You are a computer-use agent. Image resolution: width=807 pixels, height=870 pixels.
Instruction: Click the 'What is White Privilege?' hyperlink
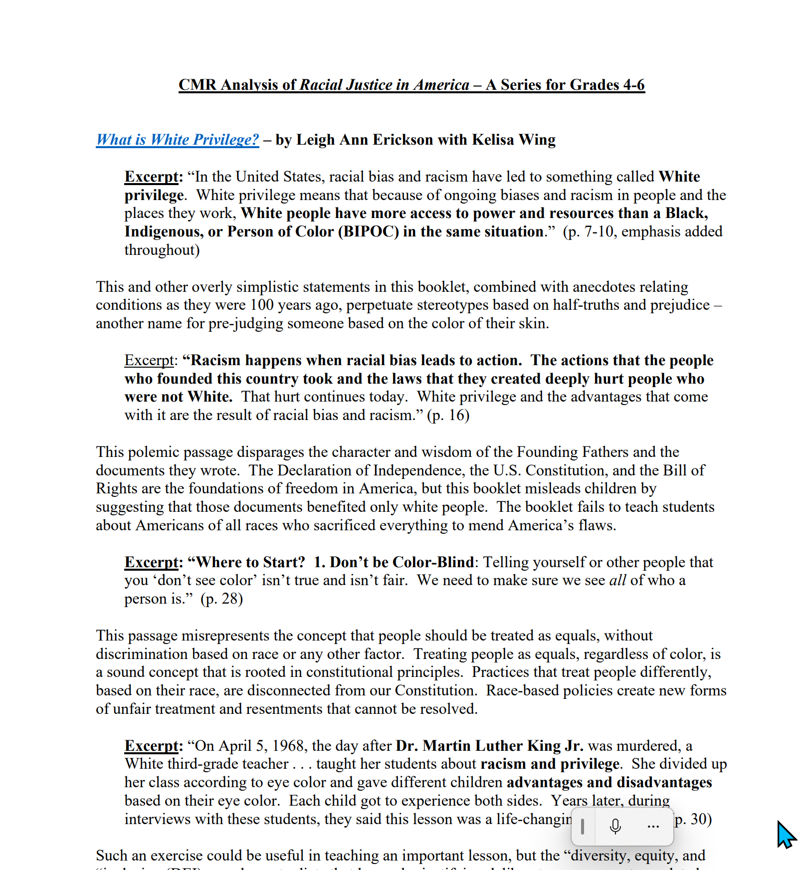click(x=178, y=140)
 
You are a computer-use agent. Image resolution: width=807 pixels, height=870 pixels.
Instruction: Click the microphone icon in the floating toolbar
click(x=615, y=826)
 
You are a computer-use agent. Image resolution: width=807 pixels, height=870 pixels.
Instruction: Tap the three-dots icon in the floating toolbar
click(x=653, y=827)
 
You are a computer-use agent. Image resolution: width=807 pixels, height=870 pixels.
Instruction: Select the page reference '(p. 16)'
click(x=448, y=415)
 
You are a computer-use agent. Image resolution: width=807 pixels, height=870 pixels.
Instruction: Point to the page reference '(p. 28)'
click(x=221, y=599)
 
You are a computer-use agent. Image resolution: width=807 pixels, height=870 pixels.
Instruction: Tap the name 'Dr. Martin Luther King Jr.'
click(x=489, y=746)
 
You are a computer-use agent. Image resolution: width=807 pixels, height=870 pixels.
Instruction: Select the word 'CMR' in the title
click(x=198, y=85)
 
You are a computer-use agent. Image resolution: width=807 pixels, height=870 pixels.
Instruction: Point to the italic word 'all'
click(x=617, y=581)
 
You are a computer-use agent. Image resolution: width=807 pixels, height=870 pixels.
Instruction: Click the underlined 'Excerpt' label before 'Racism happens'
click(x=149, y=360)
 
